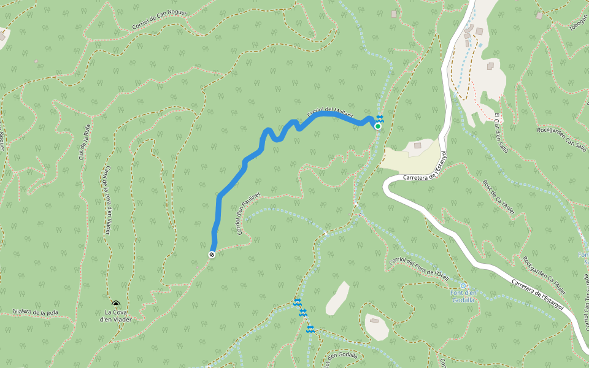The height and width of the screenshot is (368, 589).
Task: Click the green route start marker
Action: (378, 126)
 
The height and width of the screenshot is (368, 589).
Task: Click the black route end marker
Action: (212, 255)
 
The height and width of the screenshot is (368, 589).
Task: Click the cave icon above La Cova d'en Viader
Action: (115, 304)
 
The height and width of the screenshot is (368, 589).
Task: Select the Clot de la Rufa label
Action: (85, 142)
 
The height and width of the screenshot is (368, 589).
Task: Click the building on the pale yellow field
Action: (418, 145)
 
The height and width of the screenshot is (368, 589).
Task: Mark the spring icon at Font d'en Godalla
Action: (463, 286)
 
